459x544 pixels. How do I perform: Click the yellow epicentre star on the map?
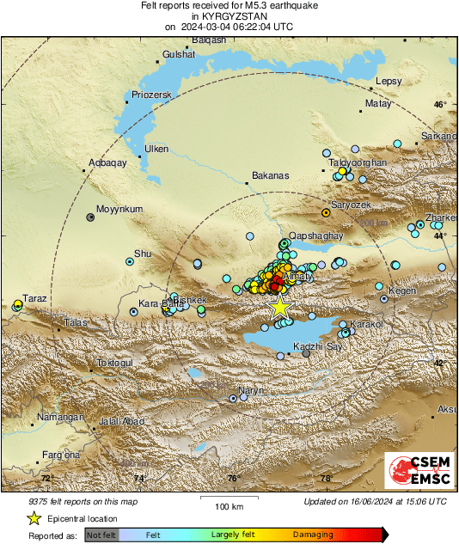pos(279,307)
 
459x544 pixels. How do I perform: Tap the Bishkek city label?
pos(190,301)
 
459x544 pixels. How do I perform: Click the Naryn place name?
pos(251,391)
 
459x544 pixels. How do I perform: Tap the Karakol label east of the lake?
pos(364,324)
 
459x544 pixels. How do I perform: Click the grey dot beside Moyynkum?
pos(90,217)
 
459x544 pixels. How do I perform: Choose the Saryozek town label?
pos(351,205)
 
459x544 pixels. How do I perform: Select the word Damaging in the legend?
pos(312,535)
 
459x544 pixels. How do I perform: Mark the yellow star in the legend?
pos(34,518)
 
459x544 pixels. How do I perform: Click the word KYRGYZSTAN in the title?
pos(229,16)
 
